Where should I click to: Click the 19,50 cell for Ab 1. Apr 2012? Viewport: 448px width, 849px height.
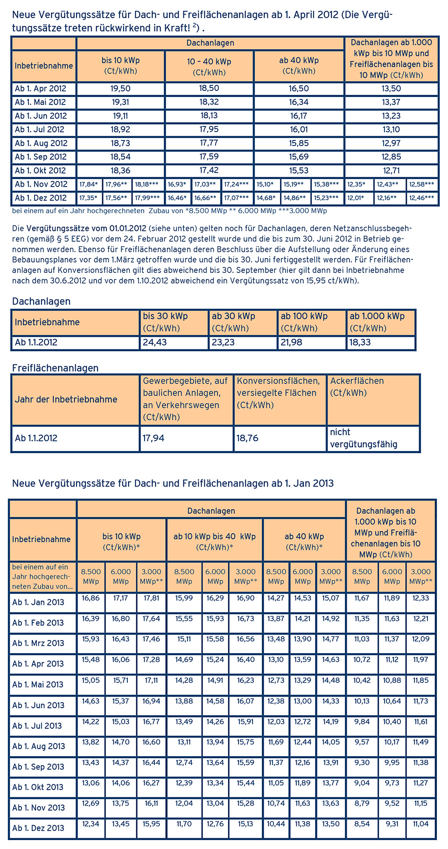click(x=120, y=89)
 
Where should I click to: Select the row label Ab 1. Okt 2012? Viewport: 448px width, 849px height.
click(x=41, y=171)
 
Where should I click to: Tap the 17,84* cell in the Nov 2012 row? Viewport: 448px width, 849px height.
click(x=89, y=185)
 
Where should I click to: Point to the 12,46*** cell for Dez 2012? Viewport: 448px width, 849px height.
click(x=422, y=198)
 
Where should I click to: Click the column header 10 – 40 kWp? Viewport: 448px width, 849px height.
click(x=209, y=66)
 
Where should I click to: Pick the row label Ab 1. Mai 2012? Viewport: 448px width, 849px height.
click(x=41, y=102)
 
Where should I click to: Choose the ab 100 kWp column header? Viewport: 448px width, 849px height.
click(x=304, y=321)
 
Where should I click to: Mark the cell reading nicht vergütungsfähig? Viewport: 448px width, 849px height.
click(x=364, y=438)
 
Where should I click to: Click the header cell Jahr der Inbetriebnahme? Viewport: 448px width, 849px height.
click(x=66, y=399)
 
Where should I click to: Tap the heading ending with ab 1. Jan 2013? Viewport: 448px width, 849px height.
click(x=173, y=483)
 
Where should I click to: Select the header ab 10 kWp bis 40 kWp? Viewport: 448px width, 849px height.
click(x=215, y=541)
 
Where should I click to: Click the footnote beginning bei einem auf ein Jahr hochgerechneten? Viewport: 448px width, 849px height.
click(x=169, y=211)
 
